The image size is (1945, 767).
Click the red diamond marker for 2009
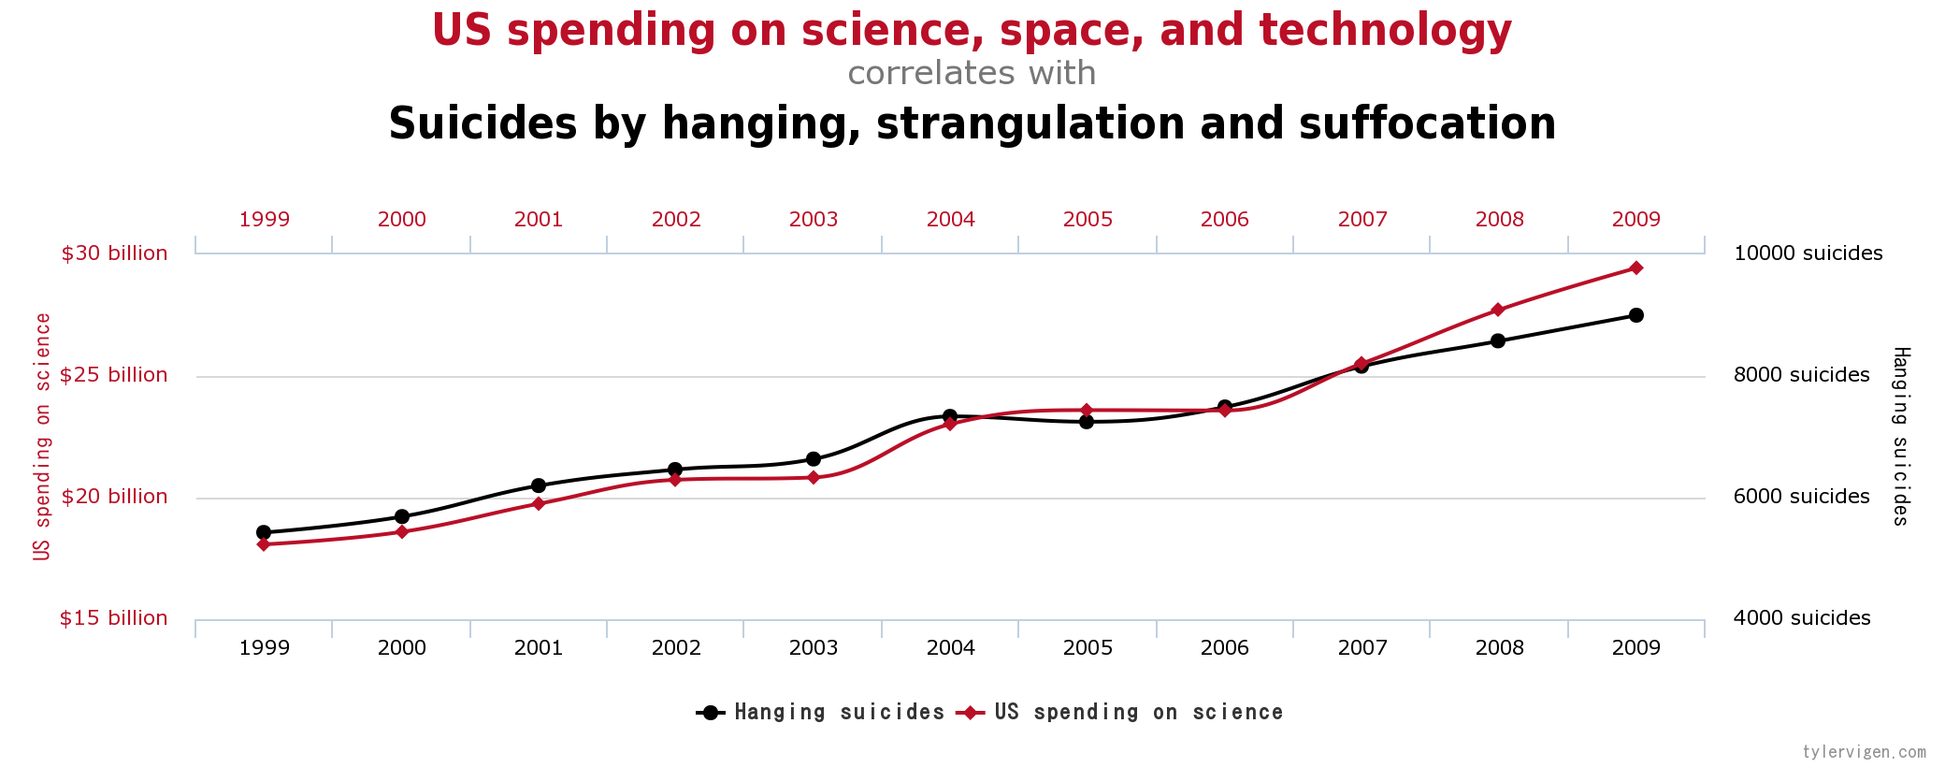coord(1635,268)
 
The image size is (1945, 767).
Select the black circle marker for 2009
coord(1635,315)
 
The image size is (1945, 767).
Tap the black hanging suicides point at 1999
coord(264,532)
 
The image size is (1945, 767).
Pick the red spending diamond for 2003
coord(813,478)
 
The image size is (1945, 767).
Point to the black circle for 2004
coord(950,416)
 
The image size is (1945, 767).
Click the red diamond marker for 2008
coord(1498,310)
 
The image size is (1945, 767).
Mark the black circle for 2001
coord(539,485)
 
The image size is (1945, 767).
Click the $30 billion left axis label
coord(114,253)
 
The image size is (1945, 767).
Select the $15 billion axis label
coord(114,618)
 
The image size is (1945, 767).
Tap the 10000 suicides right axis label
coord(1808,253)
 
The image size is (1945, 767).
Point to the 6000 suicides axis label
coord(1801,497)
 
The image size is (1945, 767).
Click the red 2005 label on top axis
coord(1088,220)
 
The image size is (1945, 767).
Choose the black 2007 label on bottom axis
coord(1362,647)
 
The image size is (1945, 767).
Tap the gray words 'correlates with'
coord(972,73)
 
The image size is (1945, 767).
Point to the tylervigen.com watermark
coord(1864,752)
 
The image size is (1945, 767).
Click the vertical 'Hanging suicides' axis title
coord(1901,436)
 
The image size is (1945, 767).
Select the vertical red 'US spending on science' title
coord(42,436)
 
